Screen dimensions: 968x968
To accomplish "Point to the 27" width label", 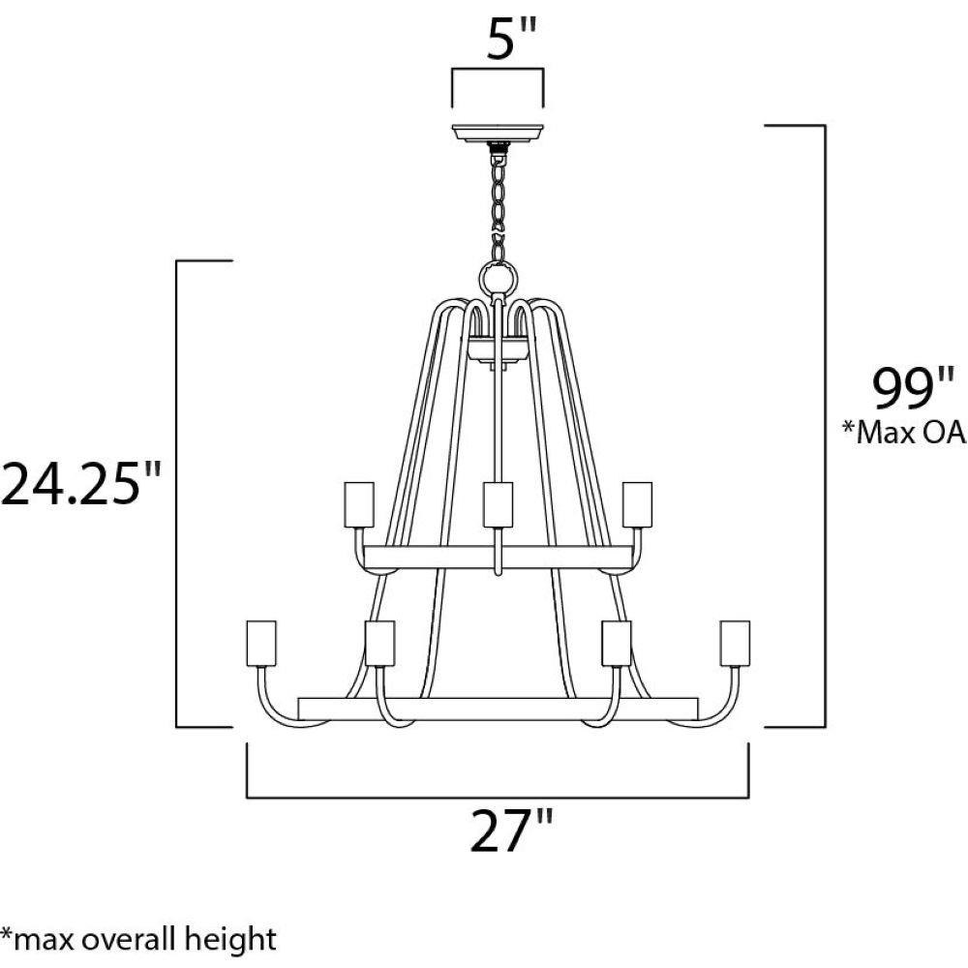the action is [512, 831].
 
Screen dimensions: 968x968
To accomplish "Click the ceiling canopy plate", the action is [498, 133].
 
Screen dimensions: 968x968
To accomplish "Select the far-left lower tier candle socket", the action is [261, 644].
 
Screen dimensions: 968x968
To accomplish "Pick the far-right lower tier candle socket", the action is [735, 644].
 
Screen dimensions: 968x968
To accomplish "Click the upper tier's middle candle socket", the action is [498, 504].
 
